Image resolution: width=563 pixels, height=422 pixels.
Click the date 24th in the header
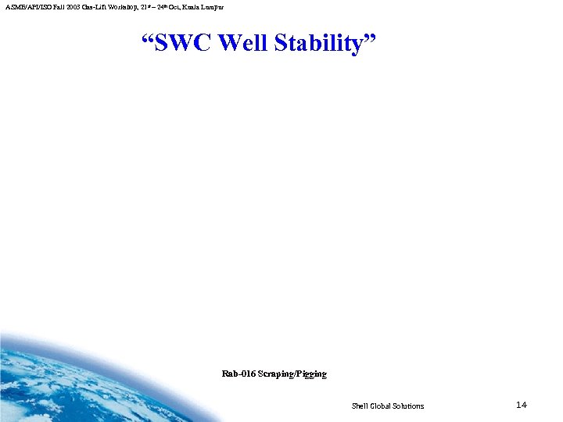tap(160, 6)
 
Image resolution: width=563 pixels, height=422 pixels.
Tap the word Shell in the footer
tap(360, 406)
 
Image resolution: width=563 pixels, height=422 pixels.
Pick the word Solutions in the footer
tap(410, 406)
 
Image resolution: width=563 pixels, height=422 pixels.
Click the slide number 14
tap(522, 405)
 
